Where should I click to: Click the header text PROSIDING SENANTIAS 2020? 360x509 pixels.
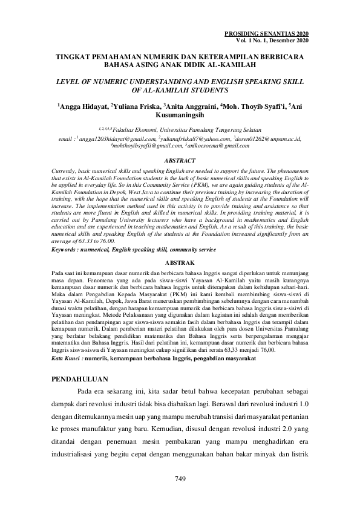(x=267, y=33)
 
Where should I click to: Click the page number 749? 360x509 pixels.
(x=180, y=479)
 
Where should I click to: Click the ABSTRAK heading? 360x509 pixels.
(x=180, y=263)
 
